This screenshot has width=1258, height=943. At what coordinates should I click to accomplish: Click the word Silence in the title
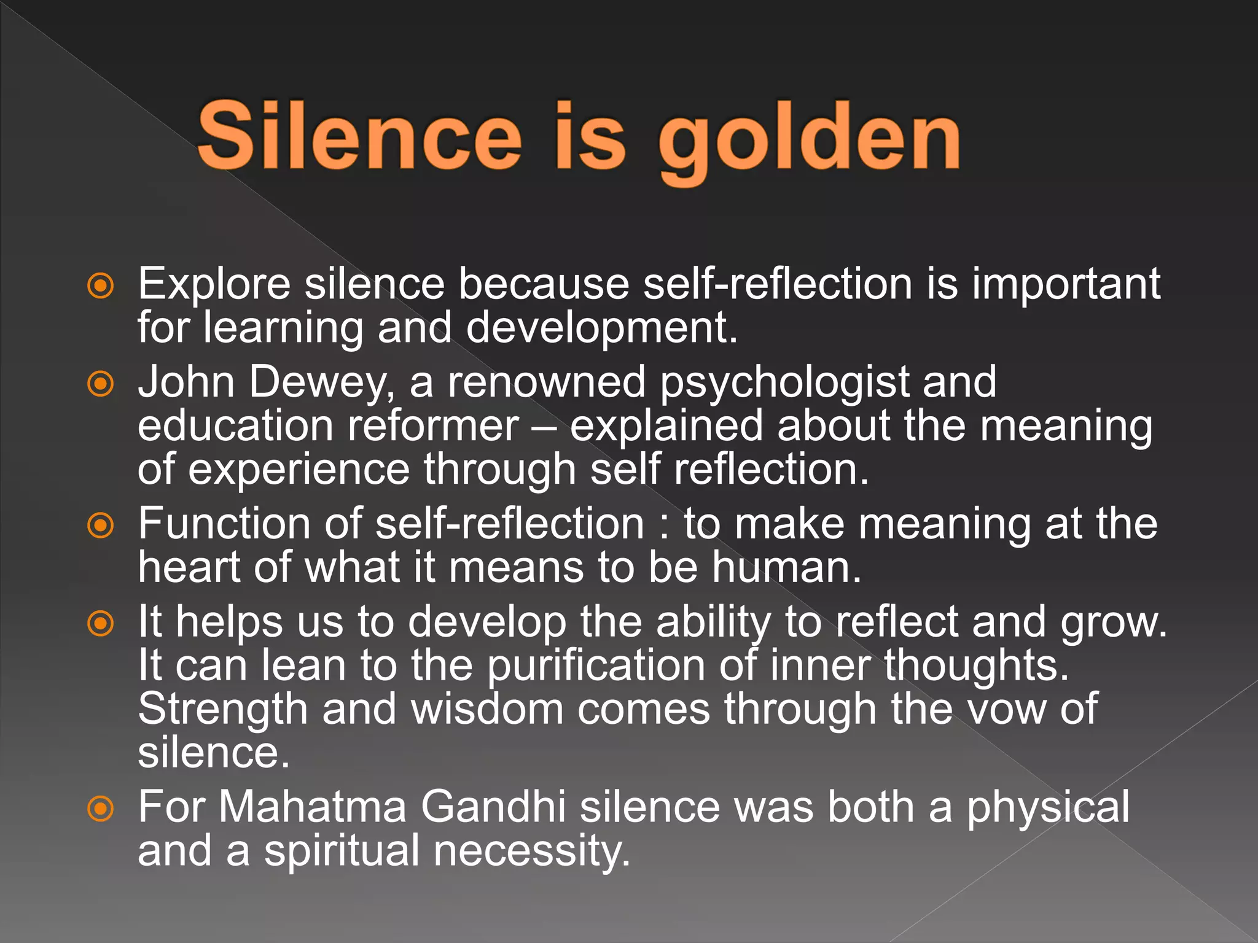pyautogui.click(x=359, y=136)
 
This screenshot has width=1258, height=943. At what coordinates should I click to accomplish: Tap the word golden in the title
pyautogui.click(x=809, y=138)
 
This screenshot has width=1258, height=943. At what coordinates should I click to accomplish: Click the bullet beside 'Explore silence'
pyautogui.click(x=101, y=285)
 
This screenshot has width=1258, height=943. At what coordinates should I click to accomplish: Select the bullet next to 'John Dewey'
pyautogui.click(x=101, y=384)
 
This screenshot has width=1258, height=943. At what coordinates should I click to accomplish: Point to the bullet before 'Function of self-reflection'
pyautogui.click(x=101, y=526)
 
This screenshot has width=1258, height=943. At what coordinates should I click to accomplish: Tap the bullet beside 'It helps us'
pyautogui.click(x=101, y=624)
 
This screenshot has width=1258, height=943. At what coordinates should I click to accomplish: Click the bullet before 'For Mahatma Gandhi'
pyautogui.click(x=101, y=809)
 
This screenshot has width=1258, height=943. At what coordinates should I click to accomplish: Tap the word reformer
pyautogui.click(x=433, y=426)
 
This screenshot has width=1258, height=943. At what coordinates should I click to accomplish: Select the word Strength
pyautogui.click(x=222, y=710)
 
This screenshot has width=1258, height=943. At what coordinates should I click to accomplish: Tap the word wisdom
pyautogui.click(x=487, y=710)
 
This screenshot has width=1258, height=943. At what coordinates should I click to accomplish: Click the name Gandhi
pyautogui.click(x=493, y=807)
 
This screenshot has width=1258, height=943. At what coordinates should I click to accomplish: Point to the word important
pyautogui.click(x=1066, y=285)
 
